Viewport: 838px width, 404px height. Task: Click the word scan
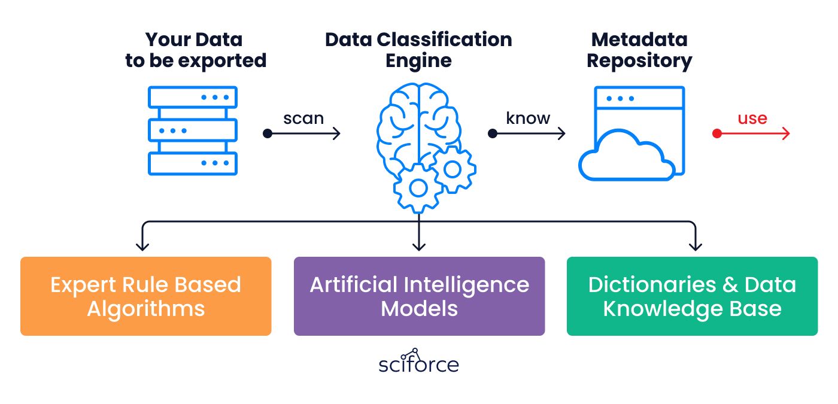pos(303,119)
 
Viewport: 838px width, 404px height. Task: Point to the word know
pos(528,118)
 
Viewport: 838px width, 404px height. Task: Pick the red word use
pos(752,119)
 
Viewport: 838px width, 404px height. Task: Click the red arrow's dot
pos(717,133)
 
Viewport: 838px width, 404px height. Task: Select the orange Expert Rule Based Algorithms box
pos(146,296)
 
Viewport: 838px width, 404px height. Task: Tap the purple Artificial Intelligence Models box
pos(420,296)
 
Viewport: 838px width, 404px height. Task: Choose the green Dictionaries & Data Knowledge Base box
pos(692,296)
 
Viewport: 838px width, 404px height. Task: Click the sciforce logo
pos(418,361)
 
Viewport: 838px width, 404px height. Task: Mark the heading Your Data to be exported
pos(196,50)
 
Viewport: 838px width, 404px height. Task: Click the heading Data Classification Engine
pos(418,50)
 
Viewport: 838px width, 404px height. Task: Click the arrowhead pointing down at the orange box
pos(142,247)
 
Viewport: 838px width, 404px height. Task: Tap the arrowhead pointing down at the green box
pos(695,247)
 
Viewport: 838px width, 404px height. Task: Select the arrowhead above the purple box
pos(418,247)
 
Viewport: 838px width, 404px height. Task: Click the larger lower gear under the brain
pos(418,188)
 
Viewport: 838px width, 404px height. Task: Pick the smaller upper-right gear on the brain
pos(453,169)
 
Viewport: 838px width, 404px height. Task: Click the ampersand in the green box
pos(730,285)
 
